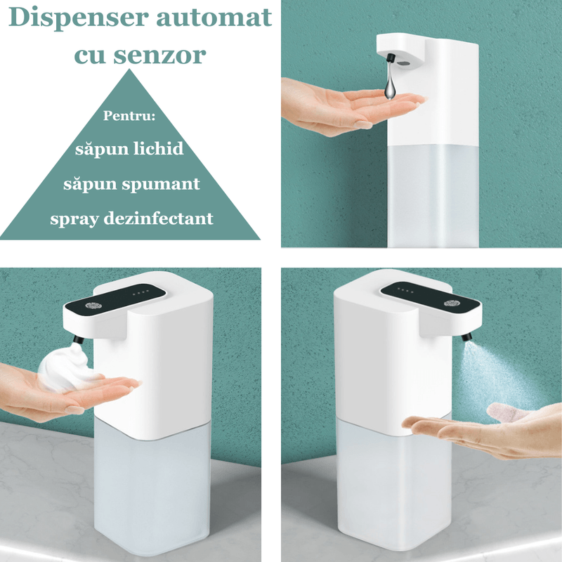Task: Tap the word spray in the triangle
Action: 73,218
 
